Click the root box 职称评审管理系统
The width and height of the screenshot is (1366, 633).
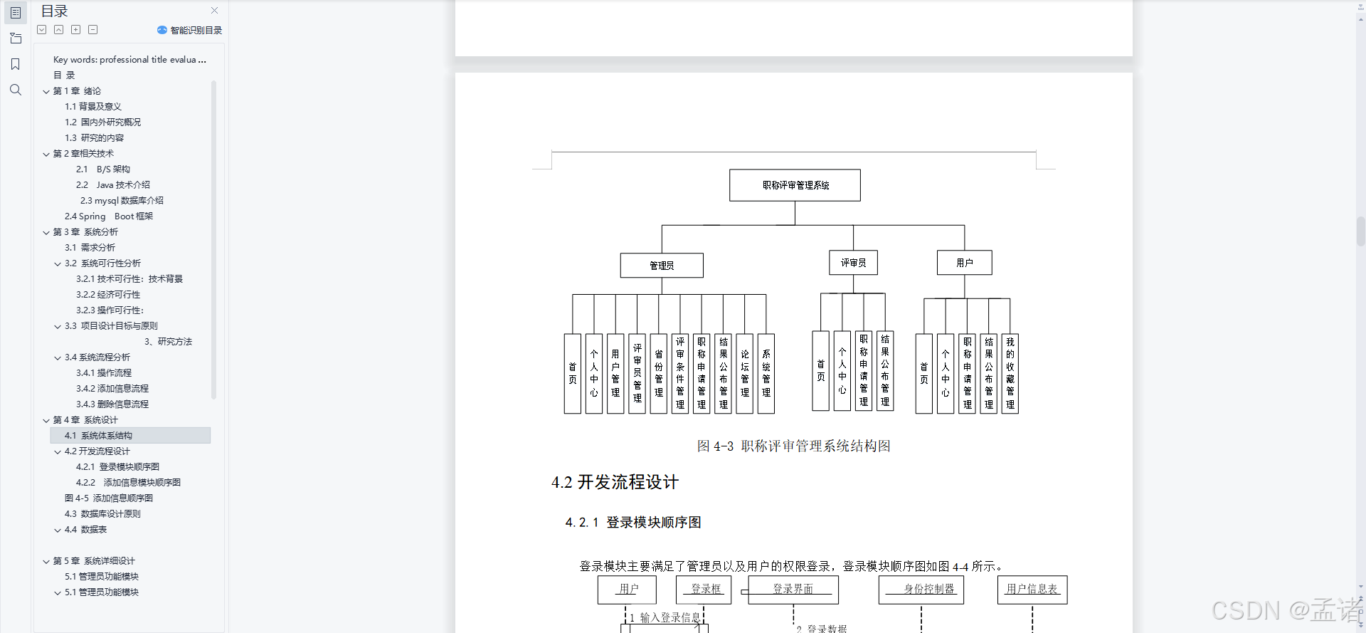point(795,185)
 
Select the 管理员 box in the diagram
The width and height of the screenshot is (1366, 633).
point(662,266)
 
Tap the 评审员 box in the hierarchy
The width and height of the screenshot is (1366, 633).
point(853,263)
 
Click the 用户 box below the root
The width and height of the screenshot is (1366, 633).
point(964,263)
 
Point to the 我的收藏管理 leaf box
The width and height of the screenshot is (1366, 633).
point(1010,374)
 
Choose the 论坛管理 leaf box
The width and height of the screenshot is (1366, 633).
point(745,374)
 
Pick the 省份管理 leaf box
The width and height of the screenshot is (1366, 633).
point(659,374)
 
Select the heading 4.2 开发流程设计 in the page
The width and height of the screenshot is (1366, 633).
point(615,482)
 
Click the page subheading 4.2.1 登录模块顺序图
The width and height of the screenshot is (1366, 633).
point(633,523)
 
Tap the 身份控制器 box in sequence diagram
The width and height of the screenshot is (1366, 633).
point(921,590)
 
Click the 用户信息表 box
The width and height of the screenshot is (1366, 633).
point(1032,590)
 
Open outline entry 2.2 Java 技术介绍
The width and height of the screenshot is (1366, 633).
point(113,185)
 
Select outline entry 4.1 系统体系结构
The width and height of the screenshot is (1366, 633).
point(98,436)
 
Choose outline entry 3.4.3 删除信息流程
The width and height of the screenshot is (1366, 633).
point(112,404)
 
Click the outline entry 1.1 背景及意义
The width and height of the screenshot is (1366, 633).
point(93,107)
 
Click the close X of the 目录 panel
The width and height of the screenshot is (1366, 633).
point(215,11)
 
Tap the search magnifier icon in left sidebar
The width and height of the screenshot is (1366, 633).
point(16,90)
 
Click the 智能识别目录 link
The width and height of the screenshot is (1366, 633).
point(190,31)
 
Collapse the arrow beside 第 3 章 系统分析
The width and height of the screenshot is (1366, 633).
point(46,233)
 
